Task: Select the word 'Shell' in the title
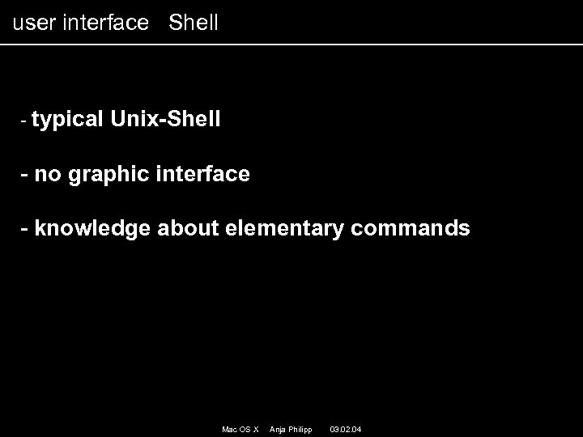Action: [x=194, y=22]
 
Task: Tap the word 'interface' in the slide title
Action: [x=106, y=22]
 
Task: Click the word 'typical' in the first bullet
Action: [x=67, y=121]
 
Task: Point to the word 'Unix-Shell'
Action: [x=165, y=120]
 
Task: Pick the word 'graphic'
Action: [x=104, y=175]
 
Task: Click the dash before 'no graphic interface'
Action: [x=26, y=174]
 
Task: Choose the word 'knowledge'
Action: [x=92, y=229]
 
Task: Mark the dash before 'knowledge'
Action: [x=26, y=228]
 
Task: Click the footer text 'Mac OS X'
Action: [x=240, y=429]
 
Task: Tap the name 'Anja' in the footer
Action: [x=277, y=429]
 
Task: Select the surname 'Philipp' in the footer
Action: [x=300, y=429]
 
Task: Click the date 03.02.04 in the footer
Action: [x=346, y=429]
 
